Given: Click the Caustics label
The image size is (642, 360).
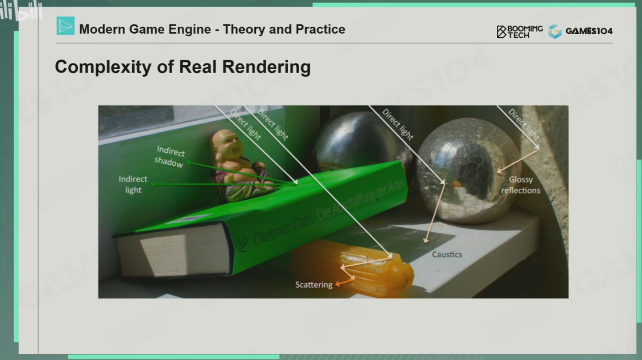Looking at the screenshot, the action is coord(447,254).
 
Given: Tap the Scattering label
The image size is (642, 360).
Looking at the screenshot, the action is coord(314,285).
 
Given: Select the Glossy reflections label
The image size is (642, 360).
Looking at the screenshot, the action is coord(520,185).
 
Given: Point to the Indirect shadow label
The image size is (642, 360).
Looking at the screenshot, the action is coord(170,157).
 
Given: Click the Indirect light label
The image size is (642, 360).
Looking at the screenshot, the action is coord(133,184).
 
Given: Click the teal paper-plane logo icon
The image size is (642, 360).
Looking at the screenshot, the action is coord(66,26).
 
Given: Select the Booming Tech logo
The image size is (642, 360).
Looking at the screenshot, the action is coord(519,32).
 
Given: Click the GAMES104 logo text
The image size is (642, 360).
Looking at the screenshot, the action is coord(589,31).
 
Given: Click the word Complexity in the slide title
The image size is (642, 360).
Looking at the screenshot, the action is coord(103,67).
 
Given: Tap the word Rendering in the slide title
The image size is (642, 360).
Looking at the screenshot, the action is coord(266,67).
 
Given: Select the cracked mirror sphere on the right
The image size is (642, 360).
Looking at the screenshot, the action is coord(468,171).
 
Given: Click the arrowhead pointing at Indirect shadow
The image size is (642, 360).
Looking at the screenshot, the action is coord(189,163).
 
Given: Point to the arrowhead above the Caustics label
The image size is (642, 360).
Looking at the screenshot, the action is coord(426,240).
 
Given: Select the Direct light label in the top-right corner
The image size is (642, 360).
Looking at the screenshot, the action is coord(523,124).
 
